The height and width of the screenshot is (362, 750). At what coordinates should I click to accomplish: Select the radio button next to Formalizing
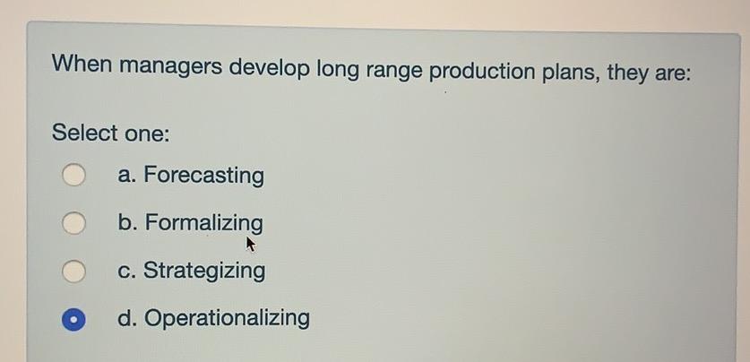click(74, 223)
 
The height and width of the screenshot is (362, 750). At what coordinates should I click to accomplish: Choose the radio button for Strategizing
click(74, 271)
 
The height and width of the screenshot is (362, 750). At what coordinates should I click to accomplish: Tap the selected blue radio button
click(74, 319)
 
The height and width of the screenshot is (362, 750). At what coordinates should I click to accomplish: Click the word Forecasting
click(204, 176)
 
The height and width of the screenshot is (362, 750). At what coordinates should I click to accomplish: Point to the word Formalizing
click(204, 223)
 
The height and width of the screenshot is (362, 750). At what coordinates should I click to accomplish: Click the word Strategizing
click(204, 271)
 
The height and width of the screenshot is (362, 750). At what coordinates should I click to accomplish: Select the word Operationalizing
click(228, 318)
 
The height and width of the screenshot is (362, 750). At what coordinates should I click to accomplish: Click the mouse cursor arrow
click(251, 244)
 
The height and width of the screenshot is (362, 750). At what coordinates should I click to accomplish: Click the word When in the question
click(82, 65)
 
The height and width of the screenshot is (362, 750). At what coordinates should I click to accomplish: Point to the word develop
click(272, 68)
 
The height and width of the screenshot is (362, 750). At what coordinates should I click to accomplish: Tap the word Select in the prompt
click(85, 134)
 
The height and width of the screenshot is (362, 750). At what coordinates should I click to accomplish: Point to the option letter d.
click(125, 318)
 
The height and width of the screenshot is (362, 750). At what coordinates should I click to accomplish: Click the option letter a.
click(125, 176)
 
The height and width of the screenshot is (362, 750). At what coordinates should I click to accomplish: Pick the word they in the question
click(630, 71)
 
